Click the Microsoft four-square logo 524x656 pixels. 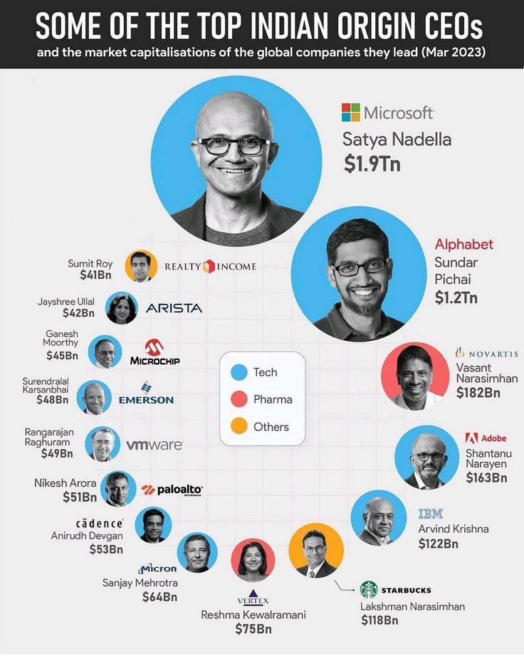coord(351,112)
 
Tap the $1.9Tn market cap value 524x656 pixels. coord(372,164)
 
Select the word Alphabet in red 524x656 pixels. coord(463,245)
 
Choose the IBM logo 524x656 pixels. coord(430,514)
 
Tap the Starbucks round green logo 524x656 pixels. coord(368,590)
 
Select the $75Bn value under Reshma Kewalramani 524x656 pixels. coord(253,629)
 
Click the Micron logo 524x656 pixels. coord(157,568)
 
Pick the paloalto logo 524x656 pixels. coord(172,490)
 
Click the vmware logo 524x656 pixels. coord(154,445)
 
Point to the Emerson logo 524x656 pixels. coord(146,393)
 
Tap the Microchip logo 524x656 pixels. coord(154,352)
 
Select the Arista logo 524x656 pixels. coord(174,308)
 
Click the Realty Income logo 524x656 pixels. coord(210,266)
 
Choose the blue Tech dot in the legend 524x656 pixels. coord(240,372)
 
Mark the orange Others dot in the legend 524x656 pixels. coord(240,427)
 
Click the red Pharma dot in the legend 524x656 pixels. coord(240,399)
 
